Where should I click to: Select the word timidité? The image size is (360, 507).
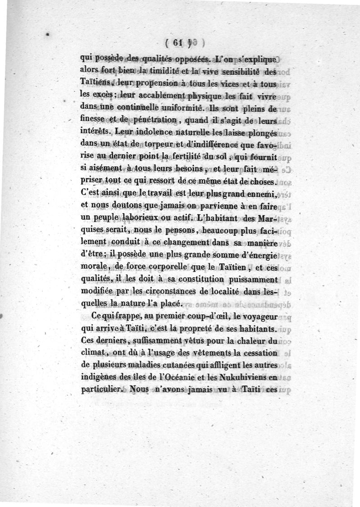pyautogui.click(x=164, y=71)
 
